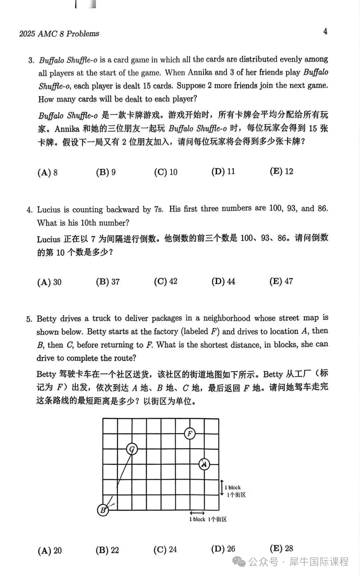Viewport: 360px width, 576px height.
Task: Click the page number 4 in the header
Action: [x=325, y=31]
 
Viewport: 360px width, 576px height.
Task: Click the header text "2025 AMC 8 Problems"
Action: [x=59, y=34]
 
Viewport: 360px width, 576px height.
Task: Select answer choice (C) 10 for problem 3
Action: [x=166, y=172]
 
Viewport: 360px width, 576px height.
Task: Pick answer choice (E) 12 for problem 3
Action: [x=281, y=171]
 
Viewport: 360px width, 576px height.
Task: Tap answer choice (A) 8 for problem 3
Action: [x=47, y=172]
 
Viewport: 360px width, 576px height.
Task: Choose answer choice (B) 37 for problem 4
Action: [x=108, y=282]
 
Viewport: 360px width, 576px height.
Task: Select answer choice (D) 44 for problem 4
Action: [x=223, y=281]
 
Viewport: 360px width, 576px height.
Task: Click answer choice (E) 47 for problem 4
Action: [x=281, y=281]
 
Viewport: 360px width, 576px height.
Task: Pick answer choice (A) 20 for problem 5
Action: [x=50, y=550]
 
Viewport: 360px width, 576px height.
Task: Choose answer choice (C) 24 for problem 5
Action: [x=165, y=549]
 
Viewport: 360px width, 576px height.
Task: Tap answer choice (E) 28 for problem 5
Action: [x=281, y=548]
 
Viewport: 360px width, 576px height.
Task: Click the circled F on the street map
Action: [x=190, y=433]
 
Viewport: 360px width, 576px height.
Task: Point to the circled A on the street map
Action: [x=204, y=464]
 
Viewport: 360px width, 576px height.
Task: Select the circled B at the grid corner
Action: [x=103, y=510]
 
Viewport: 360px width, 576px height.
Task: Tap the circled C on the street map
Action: [x=132, y=449]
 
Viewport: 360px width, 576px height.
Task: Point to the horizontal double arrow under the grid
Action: [x=197, y=513]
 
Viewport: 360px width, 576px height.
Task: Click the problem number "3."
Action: [x=31, y=60]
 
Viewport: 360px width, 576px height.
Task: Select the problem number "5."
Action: [x=29, y=319]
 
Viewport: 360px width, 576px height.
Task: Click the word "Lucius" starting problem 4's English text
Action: [x=49, y=210]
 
